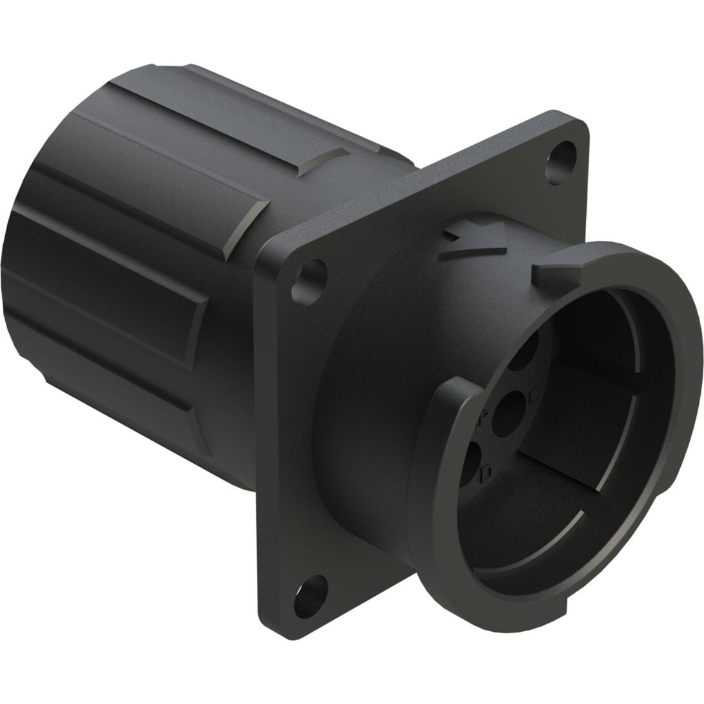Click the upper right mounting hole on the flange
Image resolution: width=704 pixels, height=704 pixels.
coord(558,164)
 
